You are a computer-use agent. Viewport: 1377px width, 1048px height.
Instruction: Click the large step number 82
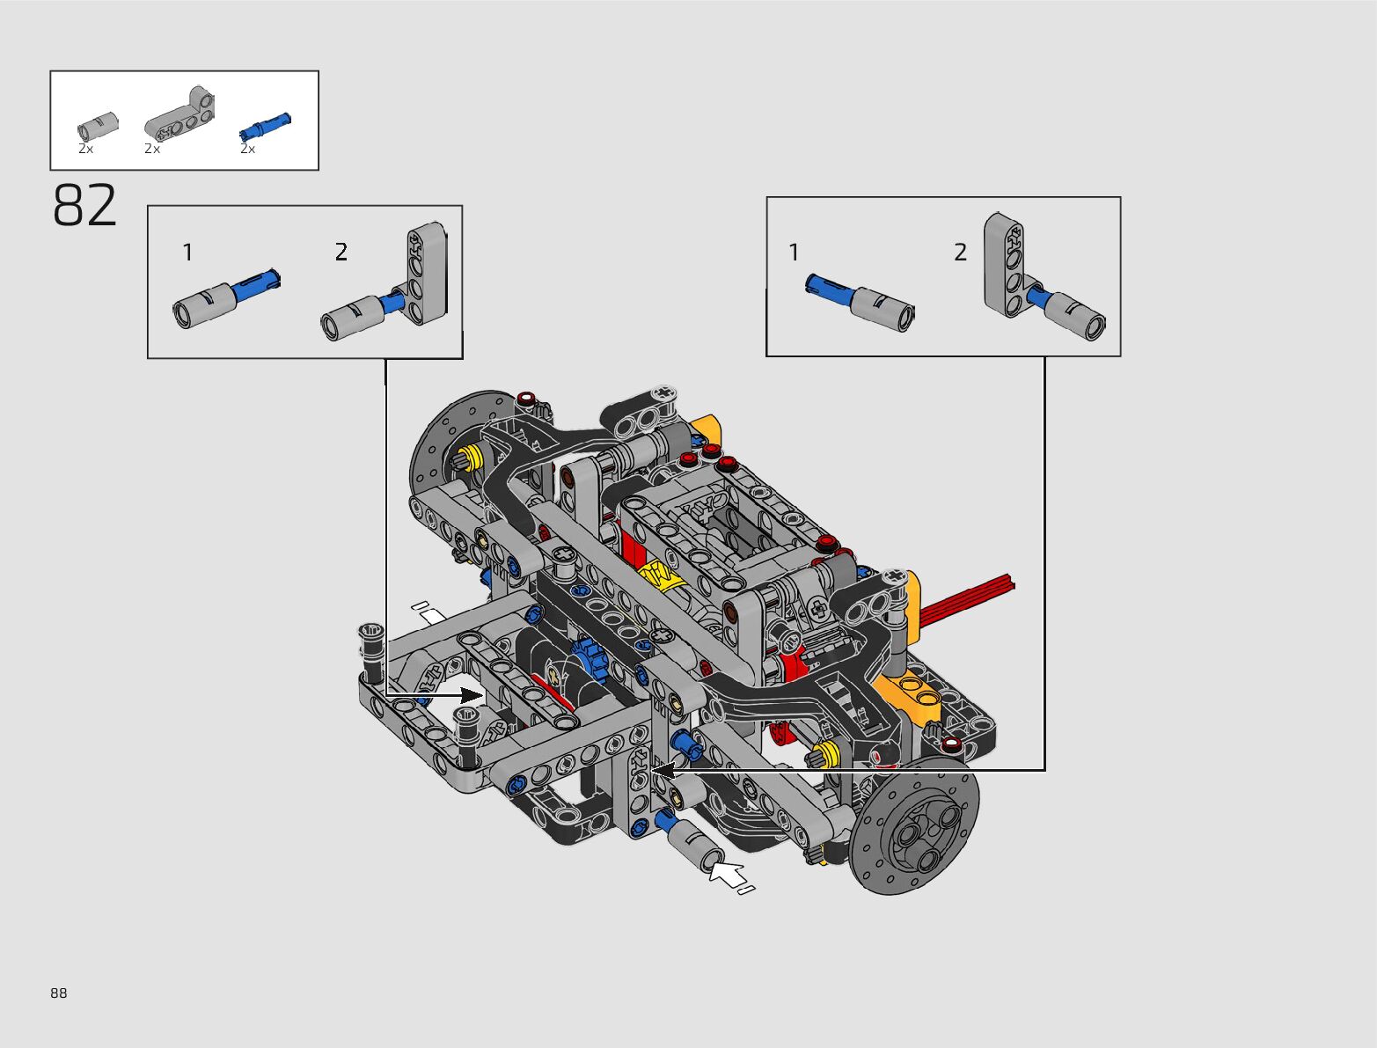coord(84,205)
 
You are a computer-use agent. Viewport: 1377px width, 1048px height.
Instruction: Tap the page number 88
coord(58,993)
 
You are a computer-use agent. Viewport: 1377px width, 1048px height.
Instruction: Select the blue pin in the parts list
coord(266,126)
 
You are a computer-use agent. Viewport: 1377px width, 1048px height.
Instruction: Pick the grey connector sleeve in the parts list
coord(98,126)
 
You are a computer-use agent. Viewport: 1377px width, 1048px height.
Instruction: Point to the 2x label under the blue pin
coord(248,149)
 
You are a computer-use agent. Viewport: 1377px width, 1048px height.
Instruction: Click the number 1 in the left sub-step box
coord(187,253)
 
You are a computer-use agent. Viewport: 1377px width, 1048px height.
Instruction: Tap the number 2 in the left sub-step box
coord(341,253)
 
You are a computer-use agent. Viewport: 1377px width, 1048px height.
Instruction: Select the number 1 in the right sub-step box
coord(794,253)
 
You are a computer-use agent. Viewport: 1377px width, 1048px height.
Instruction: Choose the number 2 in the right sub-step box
coord(961,253)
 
